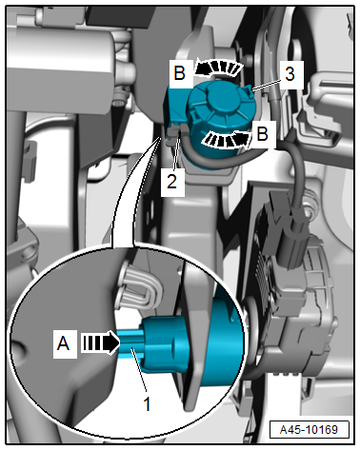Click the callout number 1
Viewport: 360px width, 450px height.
[147, 403]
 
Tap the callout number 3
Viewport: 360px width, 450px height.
[290, 74]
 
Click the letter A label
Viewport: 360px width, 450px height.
[63, 343]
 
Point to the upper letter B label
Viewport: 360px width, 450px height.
[180, 73]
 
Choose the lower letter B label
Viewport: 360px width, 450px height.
[262, 133]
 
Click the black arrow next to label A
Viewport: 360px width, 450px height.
[100, 342]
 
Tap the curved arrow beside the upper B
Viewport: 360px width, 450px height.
[219, 68]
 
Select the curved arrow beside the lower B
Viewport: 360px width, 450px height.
[227, 141]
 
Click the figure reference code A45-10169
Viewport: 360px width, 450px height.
[309, 429]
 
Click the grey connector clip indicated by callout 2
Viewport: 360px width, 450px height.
[174, 134]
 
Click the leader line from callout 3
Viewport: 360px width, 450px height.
[267, 85]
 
